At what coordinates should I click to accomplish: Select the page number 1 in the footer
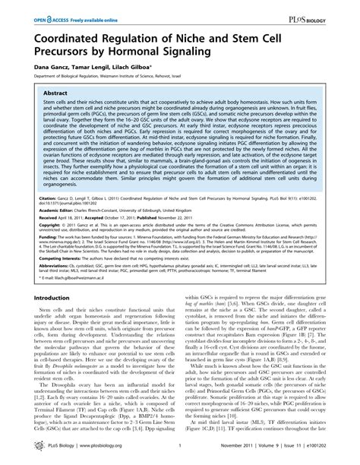pos(180,454)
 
